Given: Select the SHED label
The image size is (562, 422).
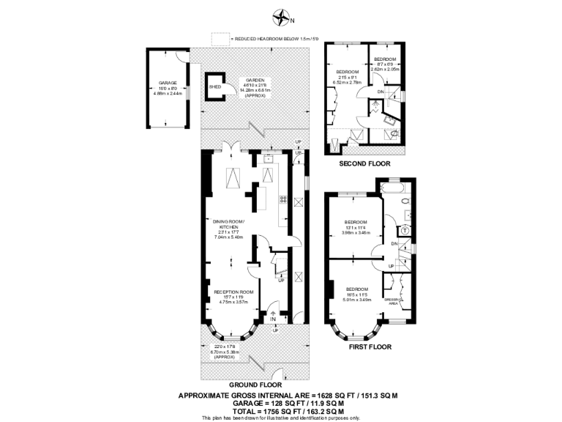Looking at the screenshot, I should pos(214,86).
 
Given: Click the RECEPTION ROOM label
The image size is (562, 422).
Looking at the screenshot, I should pos(233,292).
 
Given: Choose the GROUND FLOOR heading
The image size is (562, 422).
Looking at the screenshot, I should pos(252,384).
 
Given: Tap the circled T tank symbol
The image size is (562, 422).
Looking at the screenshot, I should pos(404,229).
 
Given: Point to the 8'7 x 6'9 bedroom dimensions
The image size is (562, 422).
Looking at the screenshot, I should pos(386,65).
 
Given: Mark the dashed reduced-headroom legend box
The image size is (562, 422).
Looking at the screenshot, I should pos(219,37).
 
